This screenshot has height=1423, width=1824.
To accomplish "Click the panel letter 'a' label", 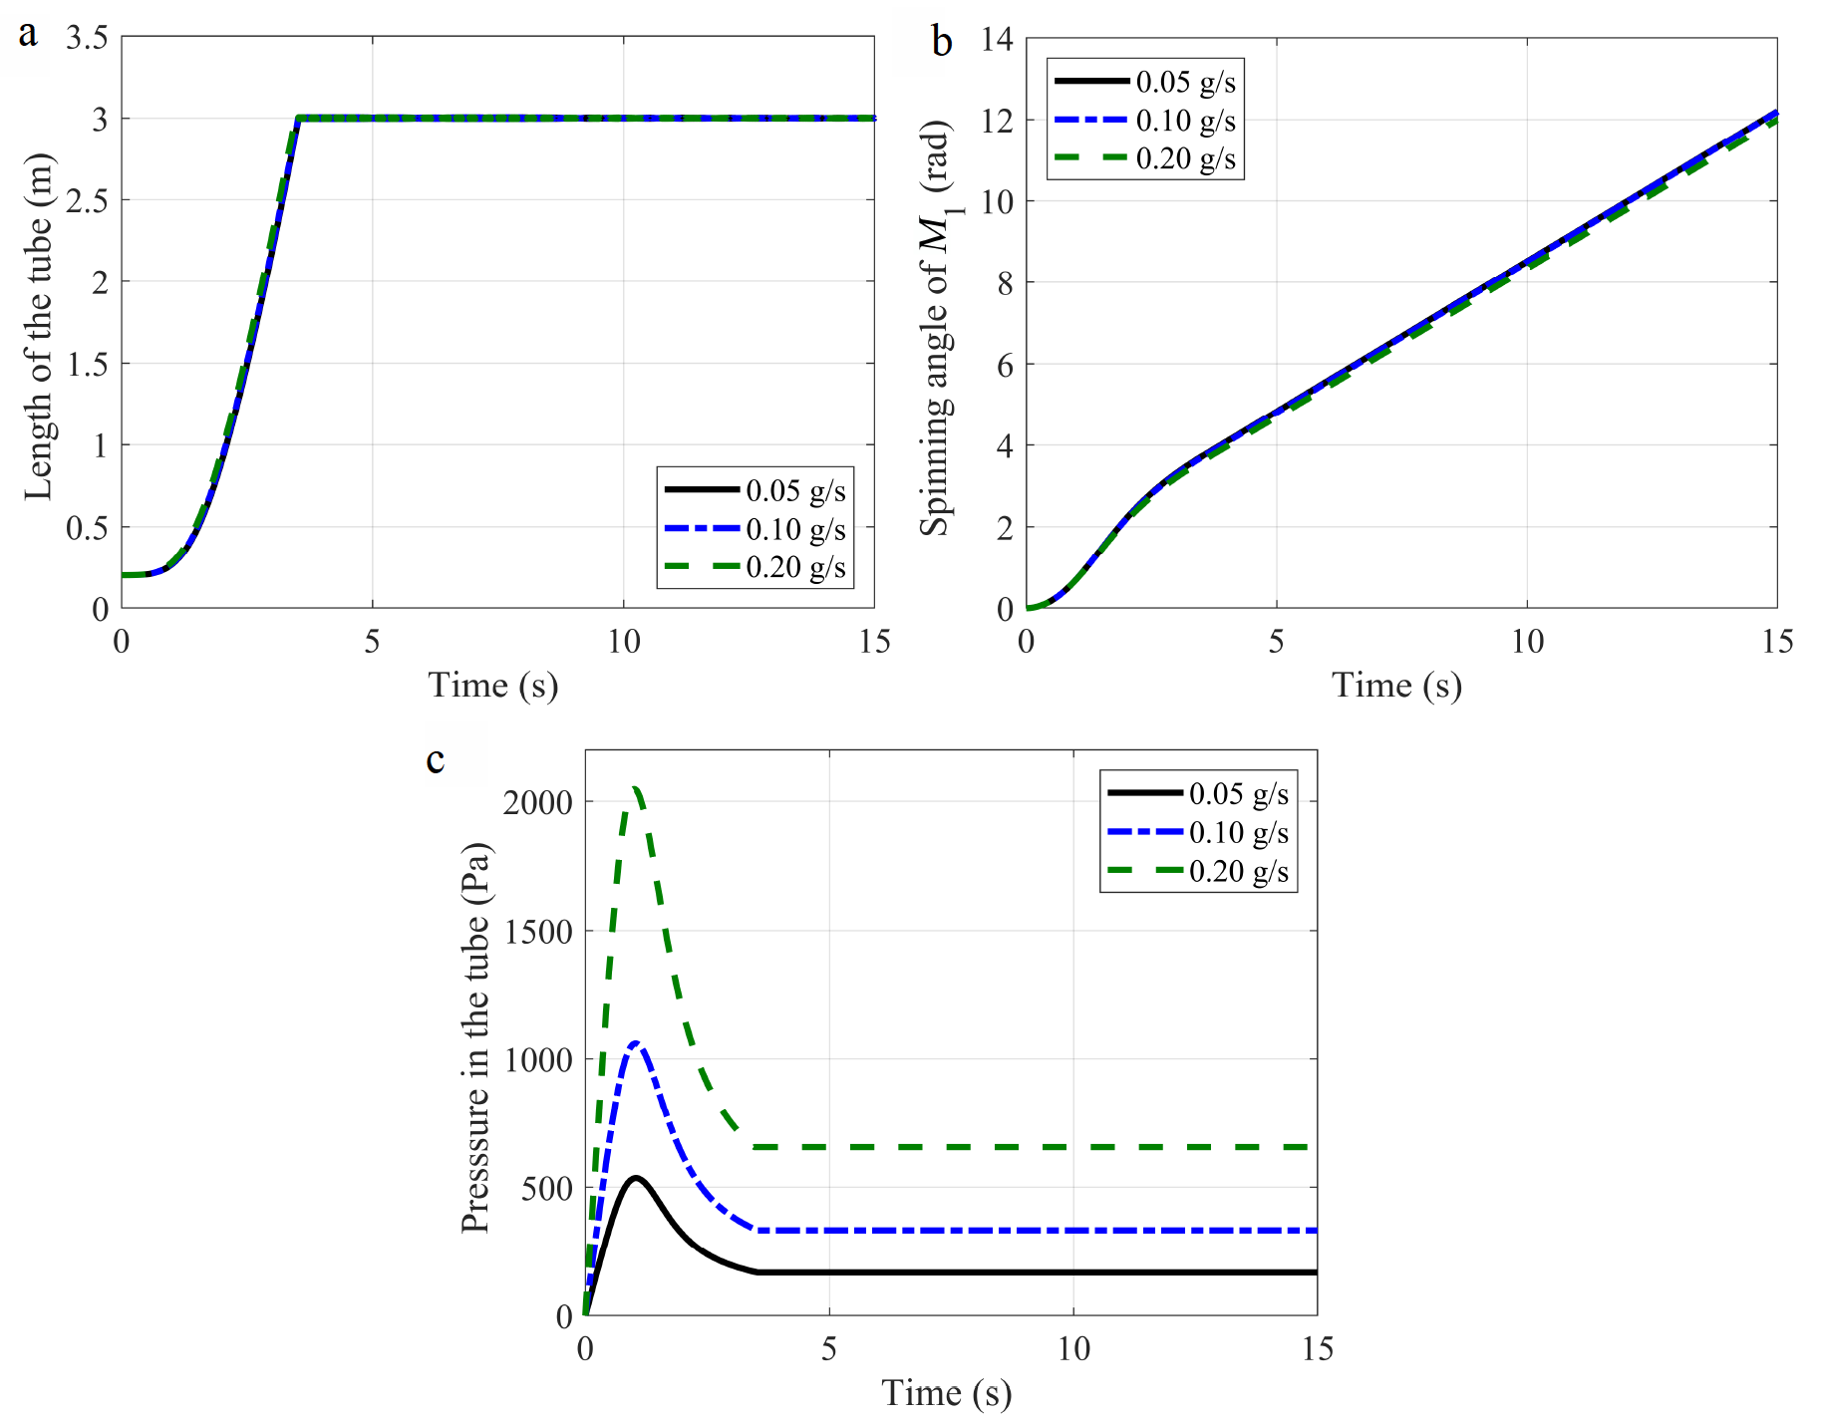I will coord(28,35).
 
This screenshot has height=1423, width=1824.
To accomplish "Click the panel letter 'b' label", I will coord(941,42).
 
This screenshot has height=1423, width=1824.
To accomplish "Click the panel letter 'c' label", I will coord(436,760).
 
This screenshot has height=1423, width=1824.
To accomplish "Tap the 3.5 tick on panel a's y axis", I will coord(87,38).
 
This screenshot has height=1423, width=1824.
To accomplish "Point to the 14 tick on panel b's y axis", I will coord(997,39).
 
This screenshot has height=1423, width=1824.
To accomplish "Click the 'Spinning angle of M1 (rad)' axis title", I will coord(937,328).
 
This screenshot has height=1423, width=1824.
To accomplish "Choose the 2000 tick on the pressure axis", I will coord(537,802).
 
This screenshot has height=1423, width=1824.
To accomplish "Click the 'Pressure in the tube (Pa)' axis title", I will coord(475,1037).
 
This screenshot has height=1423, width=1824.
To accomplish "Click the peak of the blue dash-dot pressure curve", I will coord(635,1043).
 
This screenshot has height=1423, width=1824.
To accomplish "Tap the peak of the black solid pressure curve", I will coord(635,1178).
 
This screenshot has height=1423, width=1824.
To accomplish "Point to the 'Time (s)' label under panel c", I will coord(946,1392).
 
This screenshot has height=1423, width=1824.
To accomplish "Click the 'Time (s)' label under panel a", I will coord(492,685).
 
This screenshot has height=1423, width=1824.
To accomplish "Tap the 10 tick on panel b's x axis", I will coord(1527,642).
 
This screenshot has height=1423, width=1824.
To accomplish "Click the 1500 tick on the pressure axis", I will coord(537,932).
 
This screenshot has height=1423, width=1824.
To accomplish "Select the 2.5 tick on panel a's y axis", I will coord(87,200).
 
